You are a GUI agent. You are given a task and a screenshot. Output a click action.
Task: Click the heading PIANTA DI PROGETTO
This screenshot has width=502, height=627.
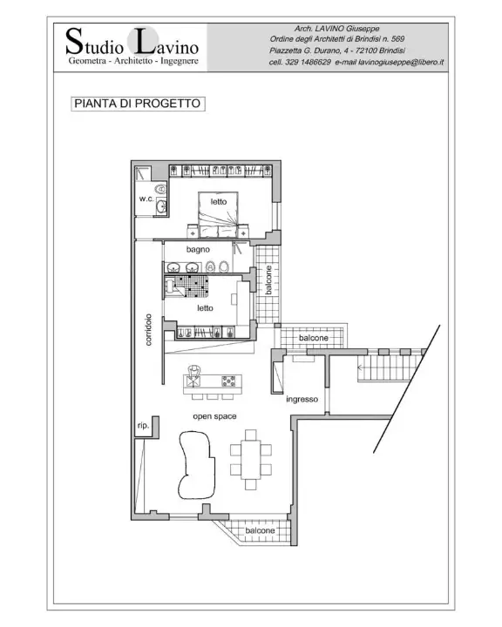click(137, 103)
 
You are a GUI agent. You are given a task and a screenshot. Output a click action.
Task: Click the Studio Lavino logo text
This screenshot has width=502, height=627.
click(132, 44)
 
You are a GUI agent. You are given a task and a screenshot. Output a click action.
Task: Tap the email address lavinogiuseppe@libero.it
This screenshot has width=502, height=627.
click(390, 63)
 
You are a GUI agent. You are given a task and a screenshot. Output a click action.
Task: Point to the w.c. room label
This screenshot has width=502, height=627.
click(146, 199)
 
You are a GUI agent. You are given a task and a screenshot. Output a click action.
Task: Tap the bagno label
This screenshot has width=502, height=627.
click(198, 249)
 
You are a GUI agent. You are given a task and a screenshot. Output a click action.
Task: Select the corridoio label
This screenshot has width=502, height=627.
click(149, 330)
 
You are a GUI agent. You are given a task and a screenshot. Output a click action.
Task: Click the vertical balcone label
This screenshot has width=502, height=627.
click(269, 279)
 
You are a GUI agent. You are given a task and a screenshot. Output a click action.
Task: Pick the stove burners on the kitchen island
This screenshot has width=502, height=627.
click(228, 381)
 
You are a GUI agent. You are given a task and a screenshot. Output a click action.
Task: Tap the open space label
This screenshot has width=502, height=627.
click(214, 416)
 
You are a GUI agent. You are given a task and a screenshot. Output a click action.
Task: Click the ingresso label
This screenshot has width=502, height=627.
click(302, 400)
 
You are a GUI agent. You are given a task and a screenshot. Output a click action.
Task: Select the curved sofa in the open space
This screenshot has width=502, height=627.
click(196, 462)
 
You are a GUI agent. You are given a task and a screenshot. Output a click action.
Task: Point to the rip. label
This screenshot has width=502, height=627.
click(143, 426)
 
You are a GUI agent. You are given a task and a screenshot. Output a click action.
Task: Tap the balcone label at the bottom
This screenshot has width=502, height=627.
click(260, 530)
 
